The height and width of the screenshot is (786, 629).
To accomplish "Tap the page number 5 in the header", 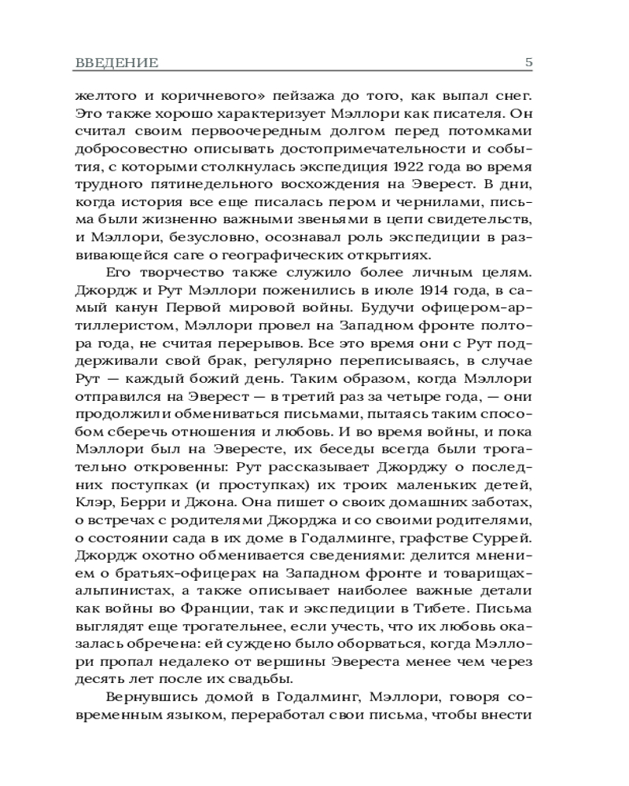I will point(528,62).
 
